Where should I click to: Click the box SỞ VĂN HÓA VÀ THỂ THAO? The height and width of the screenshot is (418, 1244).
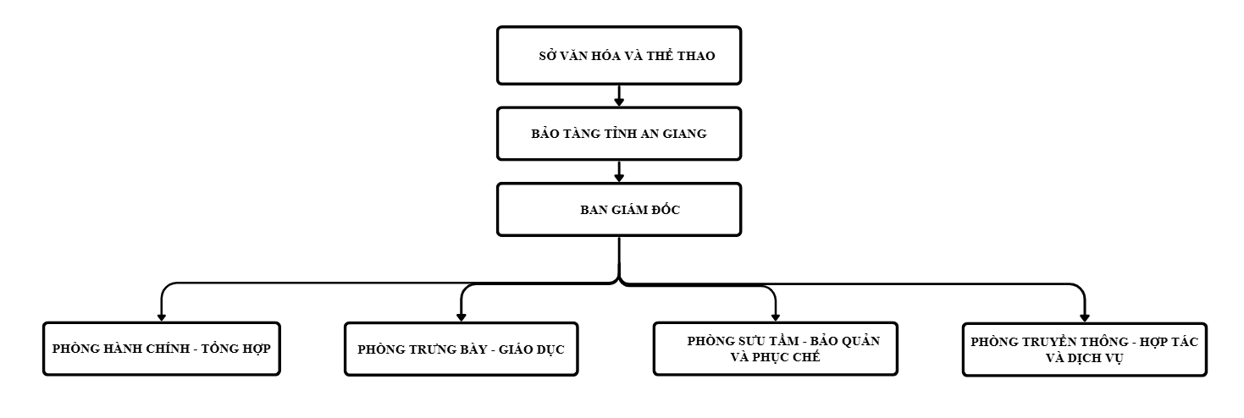(619, 56)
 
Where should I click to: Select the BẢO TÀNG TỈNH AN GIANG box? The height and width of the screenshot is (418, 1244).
(619, 134)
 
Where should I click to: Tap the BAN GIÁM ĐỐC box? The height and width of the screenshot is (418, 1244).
(619, 210)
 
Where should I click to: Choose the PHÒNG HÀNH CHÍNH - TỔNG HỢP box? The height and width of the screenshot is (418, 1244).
(162, 349)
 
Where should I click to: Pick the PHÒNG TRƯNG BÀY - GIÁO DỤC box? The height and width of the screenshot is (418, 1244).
(461, 349)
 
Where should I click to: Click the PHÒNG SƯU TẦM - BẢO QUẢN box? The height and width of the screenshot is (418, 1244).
(776, 349)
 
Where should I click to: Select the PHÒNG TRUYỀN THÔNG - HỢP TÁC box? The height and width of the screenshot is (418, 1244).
(1085, 349)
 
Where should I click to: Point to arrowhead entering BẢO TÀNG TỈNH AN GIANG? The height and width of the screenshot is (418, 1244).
(619, 102)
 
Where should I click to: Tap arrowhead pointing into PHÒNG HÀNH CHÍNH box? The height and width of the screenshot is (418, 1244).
(162, 317)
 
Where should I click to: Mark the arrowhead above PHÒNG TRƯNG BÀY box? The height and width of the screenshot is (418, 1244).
(461, 317)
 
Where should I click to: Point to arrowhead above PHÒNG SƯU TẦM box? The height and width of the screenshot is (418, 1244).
(776, 317)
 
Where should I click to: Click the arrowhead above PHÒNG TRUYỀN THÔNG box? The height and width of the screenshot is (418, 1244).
(1085, 318)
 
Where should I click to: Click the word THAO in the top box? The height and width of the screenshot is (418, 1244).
(696, 56)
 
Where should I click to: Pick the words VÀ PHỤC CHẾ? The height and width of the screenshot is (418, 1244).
(776, 357)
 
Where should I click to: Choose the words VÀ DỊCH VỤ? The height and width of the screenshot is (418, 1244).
(1085, 358)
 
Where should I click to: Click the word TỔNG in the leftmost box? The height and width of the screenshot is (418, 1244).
(220, 348)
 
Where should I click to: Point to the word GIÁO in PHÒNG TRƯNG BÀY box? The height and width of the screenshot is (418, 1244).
(517, 349)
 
